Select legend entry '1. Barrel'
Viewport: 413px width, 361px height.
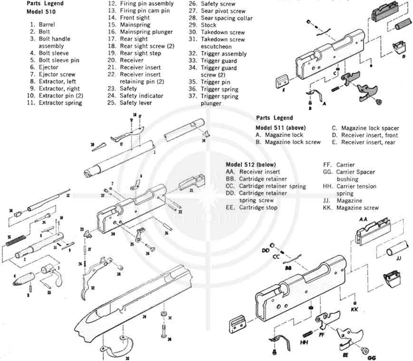pyautogui.click(x=43, y=24)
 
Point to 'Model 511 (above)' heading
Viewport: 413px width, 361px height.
pyautogui.click(x=280, y=127)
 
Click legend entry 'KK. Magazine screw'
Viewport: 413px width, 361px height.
pyautogui.click(x=351, y=208)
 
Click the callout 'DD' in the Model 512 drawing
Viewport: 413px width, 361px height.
pyautogui.click(x=265, y=250)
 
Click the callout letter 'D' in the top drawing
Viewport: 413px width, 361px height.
pyautogui.click(x=403, y=56)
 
